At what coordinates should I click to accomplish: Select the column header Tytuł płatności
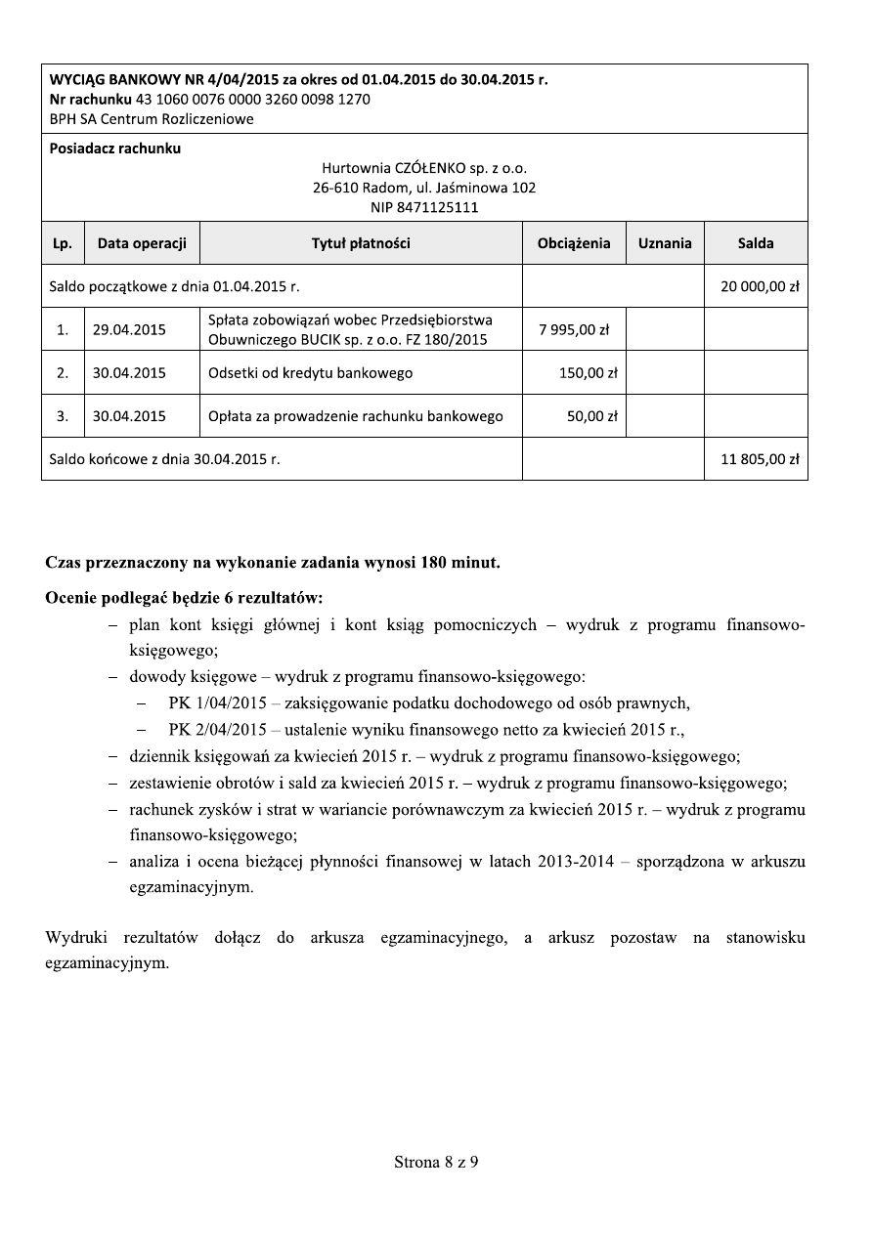[361, 243]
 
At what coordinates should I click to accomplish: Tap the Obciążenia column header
[574, 243]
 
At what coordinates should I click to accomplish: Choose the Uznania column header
[665, 243]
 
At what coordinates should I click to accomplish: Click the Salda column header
[756, 243]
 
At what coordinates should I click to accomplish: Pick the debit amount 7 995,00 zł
[574, 329]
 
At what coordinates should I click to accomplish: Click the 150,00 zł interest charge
[587, 372]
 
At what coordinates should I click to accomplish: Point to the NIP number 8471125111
[424, 206]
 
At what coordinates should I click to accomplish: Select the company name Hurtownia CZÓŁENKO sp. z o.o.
[424, 168]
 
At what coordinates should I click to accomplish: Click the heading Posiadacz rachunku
[115, 149]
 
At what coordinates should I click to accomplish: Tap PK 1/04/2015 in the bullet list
[217, 702]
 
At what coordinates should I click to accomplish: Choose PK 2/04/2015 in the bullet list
[217, 729]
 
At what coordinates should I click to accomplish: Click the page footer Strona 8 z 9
[436, 1162]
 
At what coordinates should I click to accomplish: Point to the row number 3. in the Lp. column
[63, 415]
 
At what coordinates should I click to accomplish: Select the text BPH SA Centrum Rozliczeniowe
[152, 119]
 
